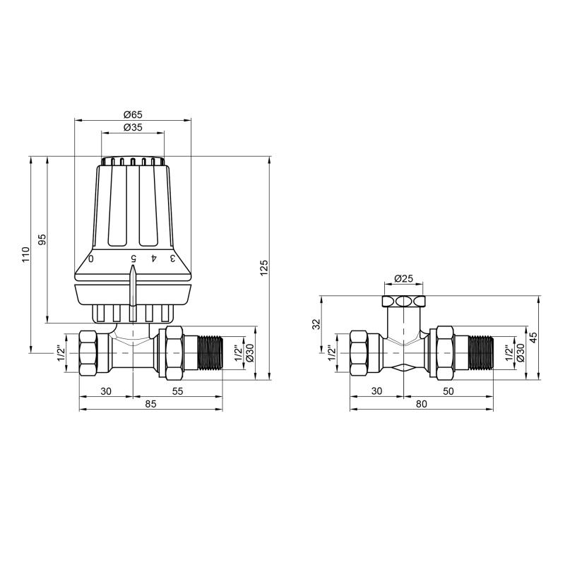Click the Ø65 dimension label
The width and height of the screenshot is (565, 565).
(x=133, y=114)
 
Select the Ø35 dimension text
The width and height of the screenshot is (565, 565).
(x=133, y=127)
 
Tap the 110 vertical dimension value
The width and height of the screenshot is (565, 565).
(x=25, y=255)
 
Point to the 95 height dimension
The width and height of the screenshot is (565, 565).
(x=42, y=239)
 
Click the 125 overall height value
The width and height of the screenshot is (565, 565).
(x=264, y=268)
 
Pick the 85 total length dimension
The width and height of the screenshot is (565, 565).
(x=151, y=404)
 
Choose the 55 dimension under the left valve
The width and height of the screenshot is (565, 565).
(x=178, y=391)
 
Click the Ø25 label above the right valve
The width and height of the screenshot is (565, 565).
(x=403, y=278)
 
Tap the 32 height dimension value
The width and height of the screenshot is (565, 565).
(x=316, y=324)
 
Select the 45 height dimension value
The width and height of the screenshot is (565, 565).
(x=534, y=337)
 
